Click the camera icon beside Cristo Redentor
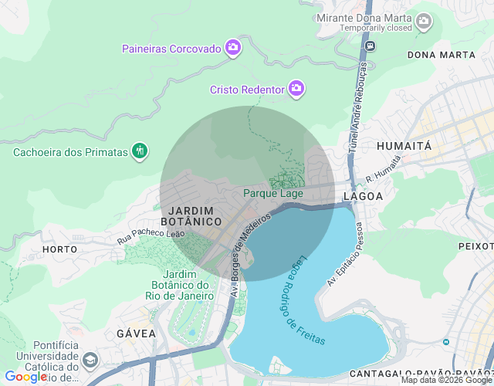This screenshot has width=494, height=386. coord(296,90)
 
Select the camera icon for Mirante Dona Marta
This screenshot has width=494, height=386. coord(423,21)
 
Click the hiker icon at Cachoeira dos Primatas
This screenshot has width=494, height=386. coord(139,151)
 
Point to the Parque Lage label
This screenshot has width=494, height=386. coord(273,193)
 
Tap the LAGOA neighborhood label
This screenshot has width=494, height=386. coord(365,196)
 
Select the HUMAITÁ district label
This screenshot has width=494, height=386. coord(404,145)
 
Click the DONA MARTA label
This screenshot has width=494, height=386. coord(441,55)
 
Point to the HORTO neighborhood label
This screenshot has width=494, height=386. coord(59,249)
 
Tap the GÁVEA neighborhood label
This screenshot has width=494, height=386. coord(136,334)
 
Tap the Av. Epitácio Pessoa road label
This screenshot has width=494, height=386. coord(344,254)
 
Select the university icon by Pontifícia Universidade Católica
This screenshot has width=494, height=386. coord(90,361)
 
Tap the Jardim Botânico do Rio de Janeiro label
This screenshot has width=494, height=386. coord(188,285)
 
